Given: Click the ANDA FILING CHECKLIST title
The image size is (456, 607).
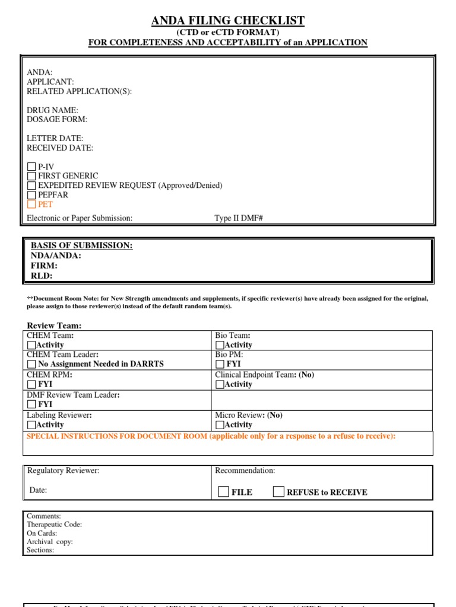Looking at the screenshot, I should pos(228,21).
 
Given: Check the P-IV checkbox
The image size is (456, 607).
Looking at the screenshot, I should pos(31,167).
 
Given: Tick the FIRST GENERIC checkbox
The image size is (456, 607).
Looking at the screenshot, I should pos(31,176).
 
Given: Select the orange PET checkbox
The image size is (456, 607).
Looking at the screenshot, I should pos(31,205).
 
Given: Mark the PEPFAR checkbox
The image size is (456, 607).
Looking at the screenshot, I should pos(31,195).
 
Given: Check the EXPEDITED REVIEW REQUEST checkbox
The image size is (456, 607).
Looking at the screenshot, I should pos(31,186).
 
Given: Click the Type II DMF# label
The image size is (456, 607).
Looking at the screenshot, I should pos(239,218).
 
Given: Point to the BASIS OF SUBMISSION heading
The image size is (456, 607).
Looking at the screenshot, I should pos(81,246).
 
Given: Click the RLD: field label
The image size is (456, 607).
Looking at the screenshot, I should pos(42,276).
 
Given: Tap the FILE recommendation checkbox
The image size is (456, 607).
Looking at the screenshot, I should pos(223,491).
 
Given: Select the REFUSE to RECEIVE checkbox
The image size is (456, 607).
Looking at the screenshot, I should pos(278,491).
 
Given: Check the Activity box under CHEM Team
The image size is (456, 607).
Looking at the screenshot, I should pos(31,345).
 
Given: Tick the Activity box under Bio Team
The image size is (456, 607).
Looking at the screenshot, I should pos(220,345).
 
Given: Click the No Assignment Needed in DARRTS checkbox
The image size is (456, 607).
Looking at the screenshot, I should pos(31,364).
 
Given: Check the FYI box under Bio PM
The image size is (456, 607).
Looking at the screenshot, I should pos(220,364).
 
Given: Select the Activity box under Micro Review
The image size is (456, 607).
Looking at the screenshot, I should pos(220,425).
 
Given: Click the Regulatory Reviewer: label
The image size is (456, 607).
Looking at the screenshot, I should pos(64,471).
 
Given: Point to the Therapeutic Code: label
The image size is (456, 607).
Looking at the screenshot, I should pos(54,525).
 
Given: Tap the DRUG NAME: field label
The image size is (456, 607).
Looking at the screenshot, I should pos(52,110).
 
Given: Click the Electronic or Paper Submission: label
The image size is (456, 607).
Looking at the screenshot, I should pos(80,218).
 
